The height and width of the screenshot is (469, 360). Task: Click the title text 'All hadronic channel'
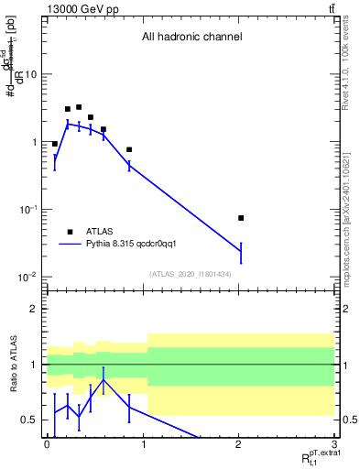(191, 38)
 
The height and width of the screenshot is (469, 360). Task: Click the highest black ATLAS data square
(79, 107)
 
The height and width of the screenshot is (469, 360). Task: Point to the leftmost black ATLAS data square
(55, 144)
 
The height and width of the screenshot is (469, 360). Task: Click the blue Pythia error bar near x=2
(241, 251)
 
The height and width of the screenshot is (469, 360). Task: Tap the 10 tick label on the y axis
(31, 74)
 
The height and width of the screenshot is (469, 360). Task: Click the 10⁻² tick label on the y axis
(27, 277)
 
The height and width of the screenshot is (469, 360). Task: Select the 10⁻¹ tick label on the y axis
(27, 210)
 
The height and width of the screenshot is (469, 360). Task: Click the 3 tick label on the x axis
(335, 443)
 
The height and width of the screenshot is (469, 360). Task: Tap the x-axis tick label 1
(143, 443)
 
